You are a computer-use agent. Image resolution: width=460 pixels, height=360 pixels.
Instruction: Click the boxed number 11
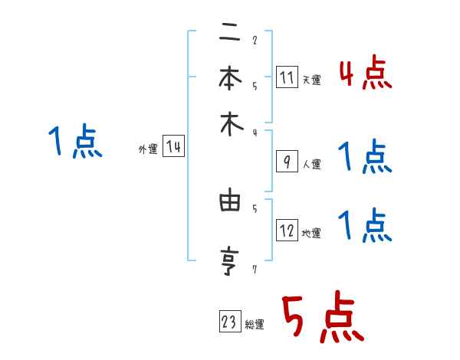pos(287,78)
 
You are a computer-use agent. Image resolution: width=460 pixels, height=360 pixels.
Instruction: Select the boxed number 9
pos(287,162)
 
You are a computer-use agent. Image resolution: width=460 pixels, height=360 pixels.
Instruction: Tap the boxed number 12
pos(287,231)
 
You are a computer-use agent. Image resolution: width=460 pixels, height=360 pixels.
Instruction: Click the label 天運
pos(311,80)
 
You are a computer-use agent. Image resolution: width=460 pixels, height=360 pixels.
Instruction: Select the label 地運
pos(311,233)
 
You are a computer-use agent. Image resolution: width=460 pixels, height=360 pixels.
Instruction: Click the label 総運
pos(255,325)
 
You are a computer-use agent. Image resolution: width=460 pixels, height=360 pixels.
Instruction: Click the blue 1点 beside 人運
pos(365,158)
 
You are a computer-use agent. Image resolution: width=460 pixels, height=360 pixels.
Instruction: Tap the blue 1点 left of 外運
pos(76,142)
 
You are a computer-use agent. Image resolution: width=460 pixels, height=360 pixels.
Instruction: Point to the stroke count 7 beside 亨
pos(254,269)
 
